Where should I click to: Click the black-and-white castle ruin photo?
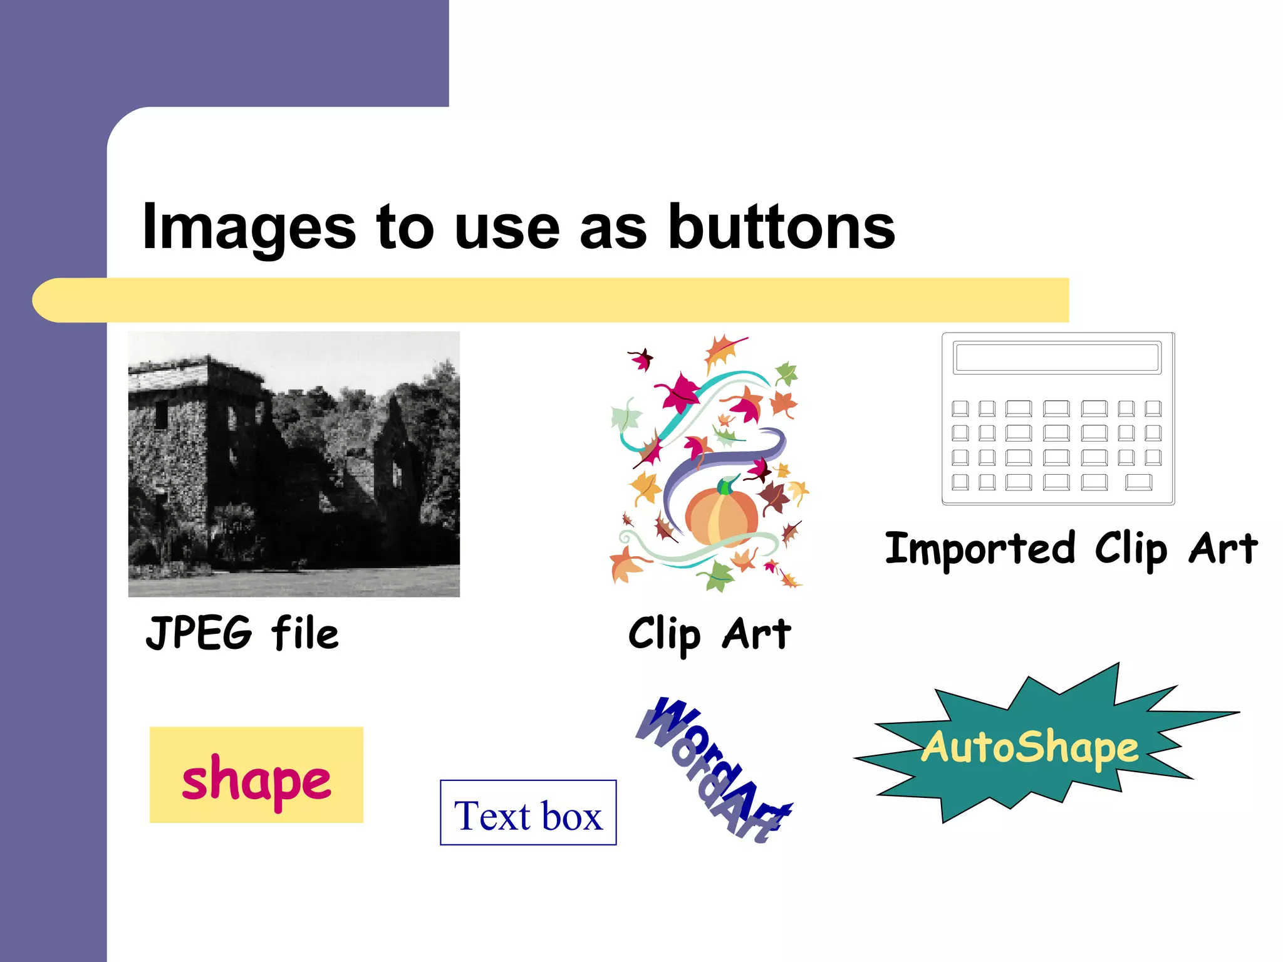(294, 464)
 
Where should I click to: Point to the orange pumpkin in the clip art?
(720, 517)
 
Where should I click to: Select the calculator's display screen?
(1057, 358)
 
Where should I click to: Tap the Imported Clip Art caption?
(1071, 549)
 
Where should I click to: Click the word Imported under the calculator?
(980, 549)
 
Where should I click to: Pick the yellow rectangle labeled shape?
(256, 775)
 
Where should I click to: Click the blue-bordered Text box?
(528, 813)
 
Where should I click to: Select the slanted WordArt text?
(714, 769)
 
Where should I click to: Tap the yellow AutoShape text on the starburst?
(1029, 747)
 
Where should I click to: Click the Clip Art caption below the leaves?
(709, 634)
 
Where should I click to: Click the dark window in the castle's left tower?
(162, 414)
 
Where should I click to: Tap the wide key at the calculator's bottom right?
(1138, 482)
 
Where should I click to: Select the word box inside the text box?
(573, 816)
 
